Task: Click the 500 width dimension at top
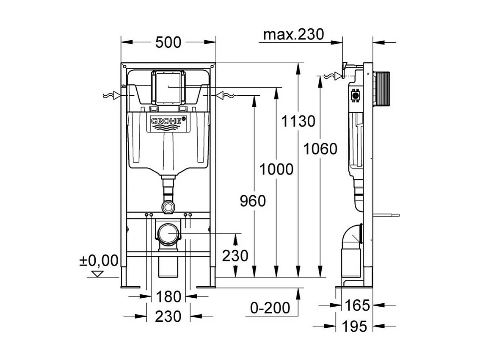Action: point(168,42)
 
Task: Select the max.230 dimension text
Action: point(293,34)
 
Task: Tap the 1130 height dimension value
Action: point(299,121)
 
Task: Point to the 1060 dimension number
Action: point(321,149)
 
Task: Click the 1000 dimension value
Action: point(276,169)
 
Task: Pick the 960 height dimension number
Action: point(253,201)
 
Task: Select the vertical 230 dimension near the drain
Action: point(235,256)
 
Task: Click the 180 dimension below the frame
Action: point(168,296)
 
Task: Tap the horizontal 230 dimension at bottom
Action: point(168,316)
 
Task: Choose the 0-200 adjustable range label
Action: point(270,308)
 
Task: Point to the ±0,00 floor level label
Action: point(99,260)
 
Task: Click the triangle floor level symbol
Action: point(98,274)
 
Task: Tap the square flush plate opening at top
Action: point(168,88)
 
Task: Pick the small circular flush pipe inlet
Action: point(168,207)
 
